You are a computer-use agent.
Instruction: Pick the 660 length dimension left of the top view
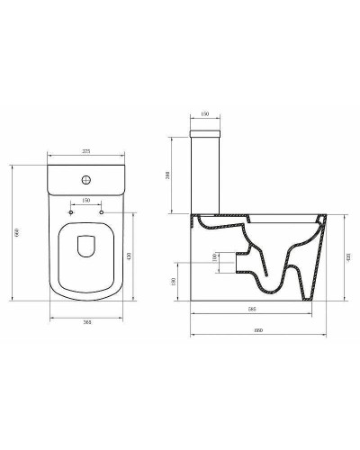pos(11,236)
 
